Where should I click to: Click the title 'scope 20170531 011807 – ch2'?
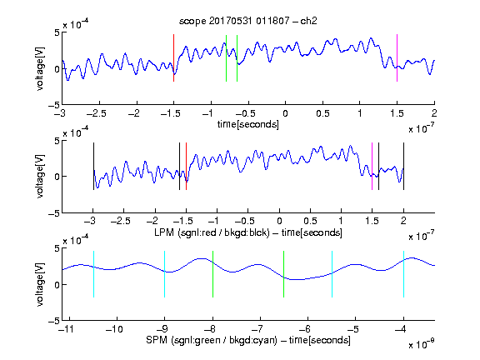tap(248, 21)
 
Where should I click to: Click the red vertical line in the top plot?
tap(173, 57)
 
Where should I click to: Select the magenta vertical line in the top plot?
tap(397, 57)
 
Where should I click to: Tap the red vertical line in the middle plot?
tap(186, 166)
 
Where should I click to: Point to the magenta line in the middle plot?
tap(372, 166)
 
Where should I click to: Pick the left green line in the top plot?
tap(226, 58)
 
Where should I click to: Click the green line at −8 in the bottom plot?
tap(212, 274)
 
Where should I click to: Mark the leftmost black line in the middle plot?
tap(93, 166)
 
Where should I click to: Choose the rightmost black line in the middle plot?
tap(403, 166)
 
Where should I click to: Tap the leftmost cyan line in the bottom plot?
tap(93, 274)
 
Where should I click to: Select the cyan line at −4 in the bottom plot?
tap(403, 274)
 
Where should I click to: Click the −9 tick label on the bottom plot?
tap(162, 329)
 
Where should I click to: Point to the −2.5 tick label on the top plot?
tap(97, 113)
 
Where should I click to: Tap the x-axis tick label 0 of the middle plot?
tap(279, 221)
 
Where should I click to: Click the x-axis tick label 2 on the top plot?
tap(434, 113)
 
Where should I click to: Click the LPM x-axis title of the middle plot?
tap(248, 232)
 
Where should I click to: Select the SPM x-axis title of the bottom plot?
tap(248, 340)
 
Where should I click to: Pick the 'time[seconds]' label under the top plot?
tap(248, 124)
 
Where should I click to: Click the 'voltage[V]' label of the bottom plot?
tap(40, 284)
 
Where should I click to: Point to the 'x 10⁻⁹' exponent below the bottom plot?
tap(422, 344)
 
